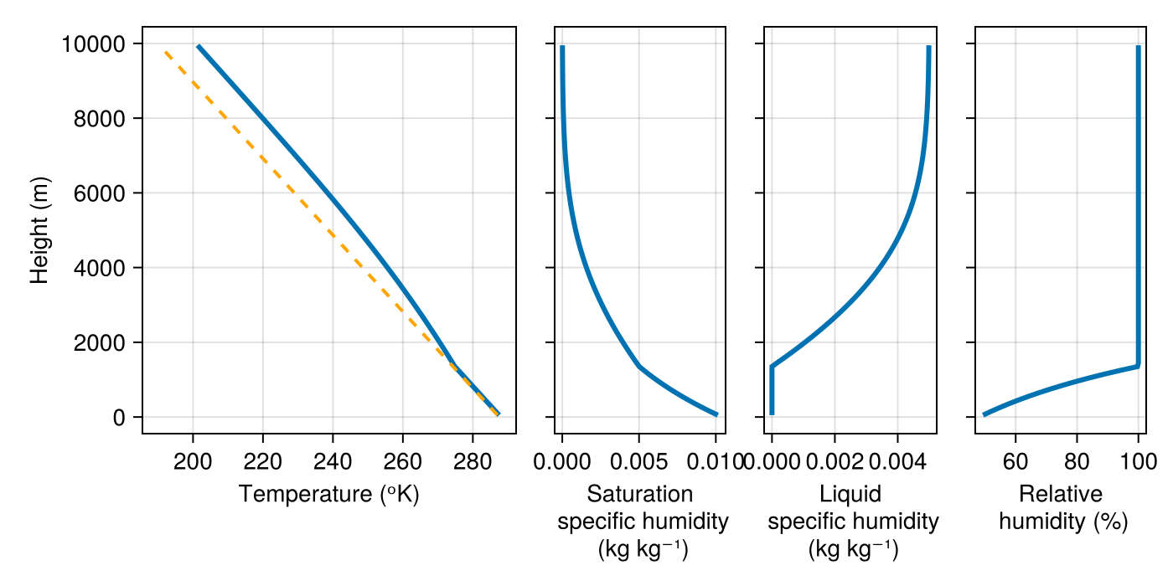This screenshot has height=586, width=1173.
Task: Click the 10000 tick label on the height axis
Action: coord(93,44)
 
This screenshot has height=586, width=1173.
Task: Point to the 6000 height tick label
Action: coord(99,193)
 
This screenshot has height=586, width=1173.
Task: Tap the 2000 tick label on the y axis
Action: coord(99,342)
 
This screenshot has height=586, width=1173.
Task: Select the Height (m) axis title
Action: coord(39,230)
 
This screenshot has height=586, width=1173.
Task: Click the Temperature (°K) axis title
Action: coord(328,494)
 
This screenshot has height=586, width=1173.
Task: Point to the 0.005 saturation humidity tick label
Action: coord(638,460)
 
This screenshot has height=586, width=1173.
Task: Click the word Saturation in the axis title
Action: coord(640,494)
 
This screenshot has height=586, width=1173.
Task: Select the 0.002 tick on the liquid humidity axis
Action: coord(835,460)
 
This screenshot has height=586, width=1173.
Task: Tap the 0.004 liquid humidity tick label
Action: coord(897,460)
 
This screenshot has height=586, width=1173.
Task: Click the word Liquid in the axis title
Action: coord(850,494)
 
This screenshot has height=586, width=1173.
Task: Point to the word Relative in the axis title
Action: coord(1061,494)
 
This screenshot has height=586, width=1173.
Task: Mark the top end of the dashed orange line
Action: coord(165,51)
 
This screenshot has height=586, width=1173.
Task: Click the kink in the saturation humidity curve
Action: coord(638,366)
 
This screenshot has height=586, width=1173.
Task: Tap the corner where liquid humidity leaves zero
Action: coord(772,366)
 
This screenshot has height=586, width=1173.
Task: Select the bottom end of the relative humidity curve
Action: coord(984,414)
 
